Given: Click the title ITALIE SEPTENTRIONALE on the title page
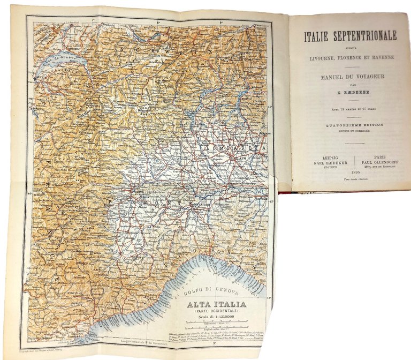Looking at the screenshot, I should point(351,36).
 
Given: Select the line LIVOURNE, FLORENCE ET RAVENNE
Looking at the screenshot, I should point(351,58).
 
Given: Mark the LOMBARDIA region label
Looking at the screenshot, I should point(233,146).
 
